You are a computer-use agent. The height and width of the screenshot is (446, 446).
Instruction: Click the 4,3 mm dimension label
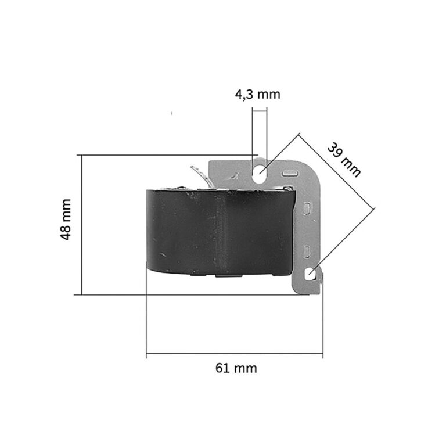point(257,95)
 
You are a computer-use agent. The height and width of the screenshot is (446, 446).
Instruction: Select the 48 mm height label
point(66,220)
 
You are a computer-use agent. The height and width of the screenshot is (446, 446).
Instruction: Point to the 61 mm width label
point(236,368)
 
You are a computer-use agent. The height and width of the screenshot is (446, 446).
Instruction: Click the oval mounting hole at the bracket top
point(260,174)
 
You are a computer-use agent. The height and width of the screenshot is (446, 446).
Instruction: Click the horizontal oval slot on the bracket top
point(290,172)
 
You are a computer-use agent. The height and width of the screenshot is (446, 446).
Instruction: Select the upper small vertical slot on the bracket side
point(307,208)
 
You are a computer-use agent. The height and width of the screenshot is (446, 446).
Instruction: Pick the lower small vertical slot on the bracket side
point(307,251)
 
